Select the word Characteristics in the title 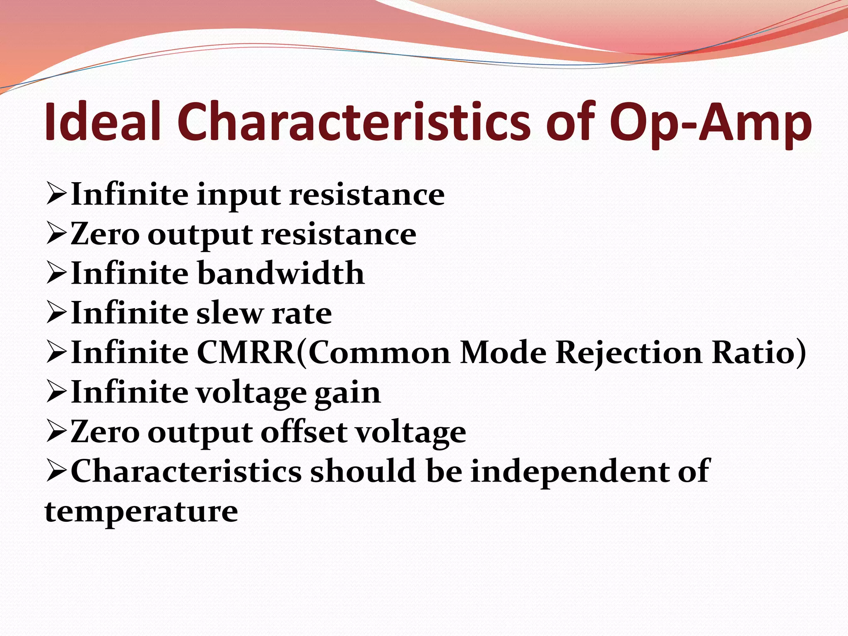(x=354, y=123)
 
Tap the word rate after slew (x=302, y=313)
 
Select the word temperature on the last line (x=141, y=512)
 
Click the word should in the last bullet (x=363, y=471)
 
